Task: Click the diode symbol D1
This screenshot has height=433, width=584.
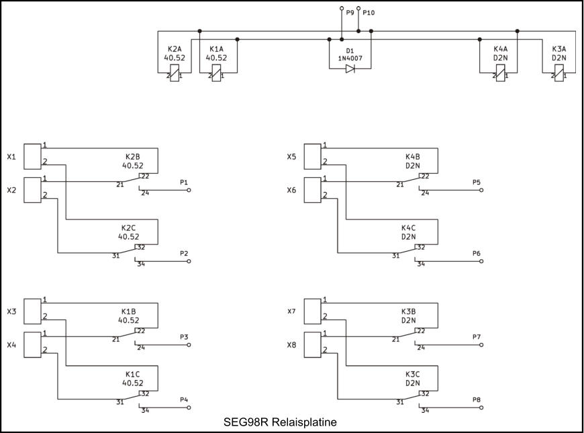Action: (350, 68)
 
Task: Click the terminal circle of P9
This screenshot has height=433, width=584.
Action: (342, 9)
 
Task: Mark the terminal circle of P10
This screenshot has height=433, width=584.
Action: (358, 9)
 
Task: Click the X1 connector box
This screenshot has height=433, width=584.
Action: (32, 156)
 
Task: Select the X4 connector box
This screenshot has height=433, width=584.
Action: (32, 345)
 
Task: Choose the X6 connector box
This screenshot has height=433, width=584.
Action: (313, 190)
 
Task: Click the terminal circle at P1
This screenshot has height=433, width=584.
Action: (189, 191)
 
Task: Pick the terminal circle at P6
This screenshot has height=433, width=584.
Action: (481, 262)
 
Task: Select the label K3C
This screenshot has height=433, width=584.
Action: (412, 374)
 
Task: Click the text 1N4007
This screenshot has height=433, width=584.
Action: (350, 58)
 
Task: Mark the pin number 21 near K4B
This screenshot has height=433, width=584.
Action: (399, 184)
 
